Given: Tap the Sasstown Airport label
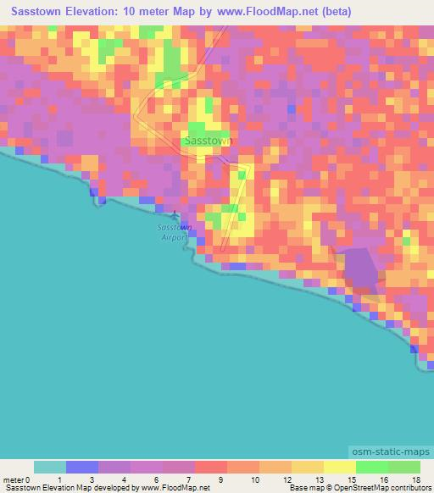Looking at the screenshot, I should tap(175, 233).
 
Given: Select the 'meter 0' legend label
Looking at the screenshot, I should tap(18, 479).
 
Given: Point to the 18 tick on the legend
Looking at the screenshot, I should tap(415, 479).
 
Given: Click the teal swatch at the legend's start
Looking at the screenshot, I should tap(50, 467).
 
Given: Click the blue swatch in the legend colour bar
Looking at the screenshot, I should tap(82, 467).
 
